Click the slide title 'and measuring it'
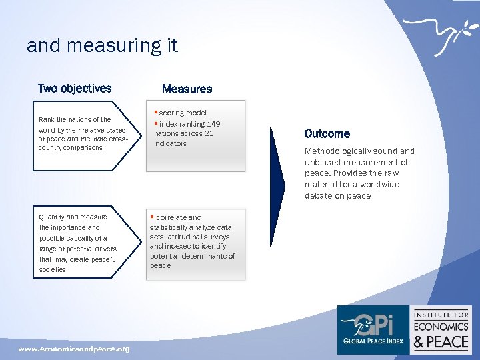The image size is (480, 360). [x=102, y=46]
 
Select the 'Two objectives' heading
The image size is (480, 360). [x=75, y=89]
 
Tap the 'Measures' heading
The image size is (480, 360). [x=187, y=89]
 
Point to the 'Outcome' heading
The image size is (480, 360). [x=327, y=133]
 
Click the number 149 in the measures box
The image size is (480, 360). [x=213, y=124]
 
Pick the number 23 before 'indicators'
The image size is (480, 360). [x=209, y=133]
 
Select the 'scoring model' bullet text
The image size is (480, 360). [x=183, y=113]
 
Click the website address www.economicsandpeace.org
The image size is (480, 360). [x=74, y=349]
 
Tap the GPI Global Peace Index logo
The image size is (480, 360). [x=372, y=329]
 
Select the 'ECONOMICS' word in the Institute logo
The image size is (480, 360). [x=442, y=327]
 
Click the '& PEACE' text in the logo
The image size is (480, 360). [x=442, y=342]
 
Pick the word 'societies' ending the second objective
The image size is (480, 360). [x=53, y=270]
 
